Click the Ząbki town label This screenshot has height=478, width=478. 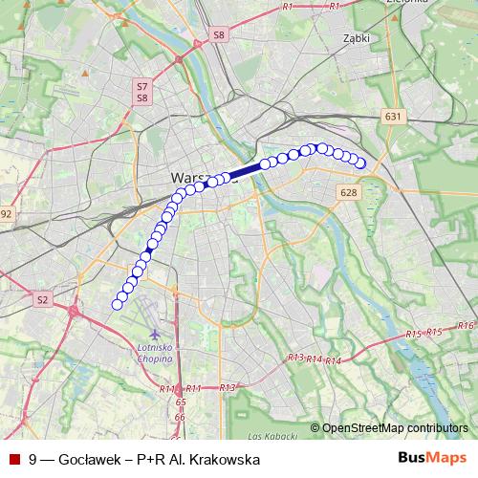pos(356,39)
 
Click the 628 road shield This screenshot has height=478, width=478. pos(347,194)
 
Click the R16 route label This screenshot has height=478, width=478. pos(466,326)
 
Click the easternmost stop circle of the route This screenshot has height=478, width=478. pos(361,163)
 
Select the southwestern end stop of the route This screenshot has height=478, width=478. pos(118,304)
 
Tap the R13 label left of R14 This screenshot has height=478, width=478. pos(296,357)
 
